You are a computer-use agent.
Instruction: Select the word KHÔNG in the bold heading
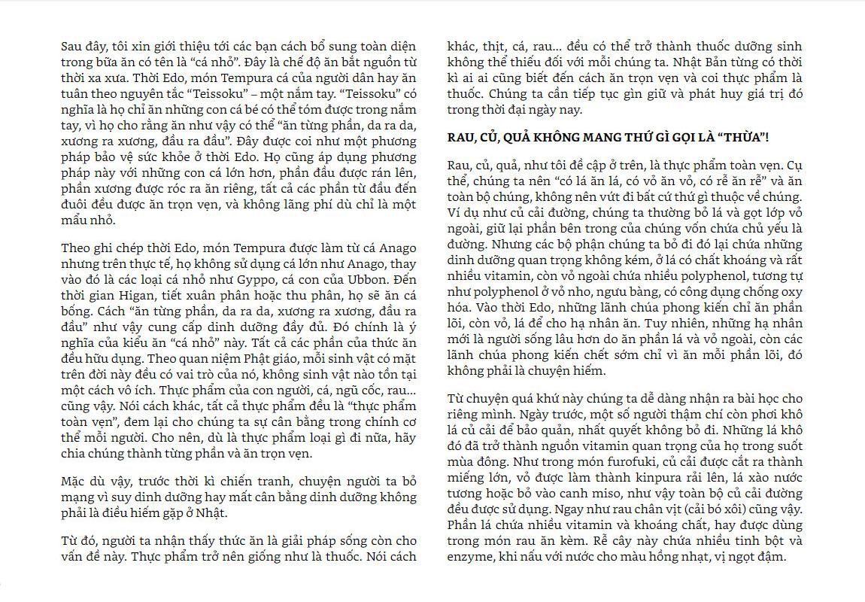pos(560,137)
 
